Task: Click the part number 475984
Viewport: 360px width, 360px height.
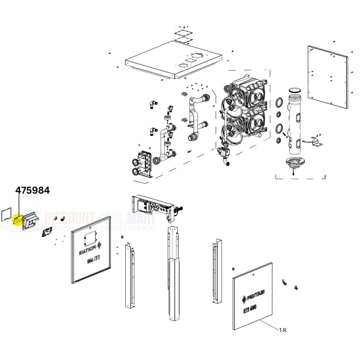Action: pyautogui.click(x=33, y=190)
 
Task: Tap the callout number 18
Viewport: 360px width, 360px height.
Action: pyautogui.click(x=282, y=330)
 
